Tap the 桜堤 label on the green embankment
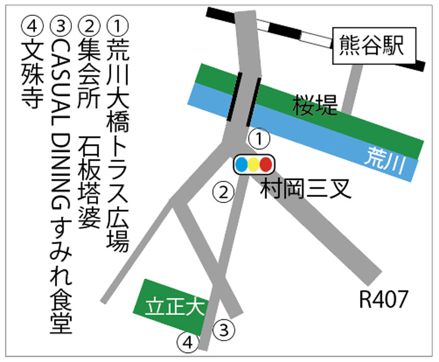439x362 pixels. (x=315, y=105)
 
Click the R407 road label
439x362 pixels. (x=384, y=300)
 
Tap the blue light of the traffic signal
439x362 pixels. (x=241, y=164)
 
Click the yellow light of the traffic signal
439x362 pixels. (x=254, y=164)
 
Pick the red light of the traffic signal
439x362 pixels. (x=266, y=164)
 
